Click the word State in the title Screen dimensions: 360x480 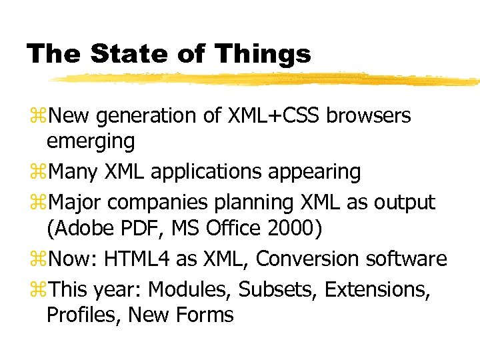coord(125,54)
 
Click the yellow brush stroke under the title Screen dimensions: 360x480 coord(267,79)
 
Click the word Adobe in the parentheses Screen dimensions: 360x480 coord(76,229)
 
